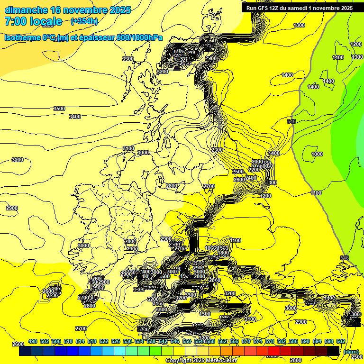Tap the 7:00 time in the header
[x=14, y=21]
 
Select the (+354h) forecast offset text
[x=84, y=21]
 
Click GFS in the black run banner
[x=264, y=8]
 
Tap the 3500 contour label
[x=59, y=109]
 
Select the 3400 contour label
[x=75, y=117]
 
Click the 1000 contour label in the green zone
[x=317, y=154]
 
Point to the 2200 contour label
[x=255, y=170]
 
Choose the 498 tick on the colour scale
[x=33, y=341]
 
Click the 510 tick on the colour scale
[x=68, y=341]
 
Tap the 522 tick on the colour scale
[x=104, y=341]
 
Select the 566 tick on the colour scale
[x=234, y=341]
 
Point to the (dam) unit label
[x=351, y=352]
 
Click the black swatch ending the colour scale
[x=333, y=351]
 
